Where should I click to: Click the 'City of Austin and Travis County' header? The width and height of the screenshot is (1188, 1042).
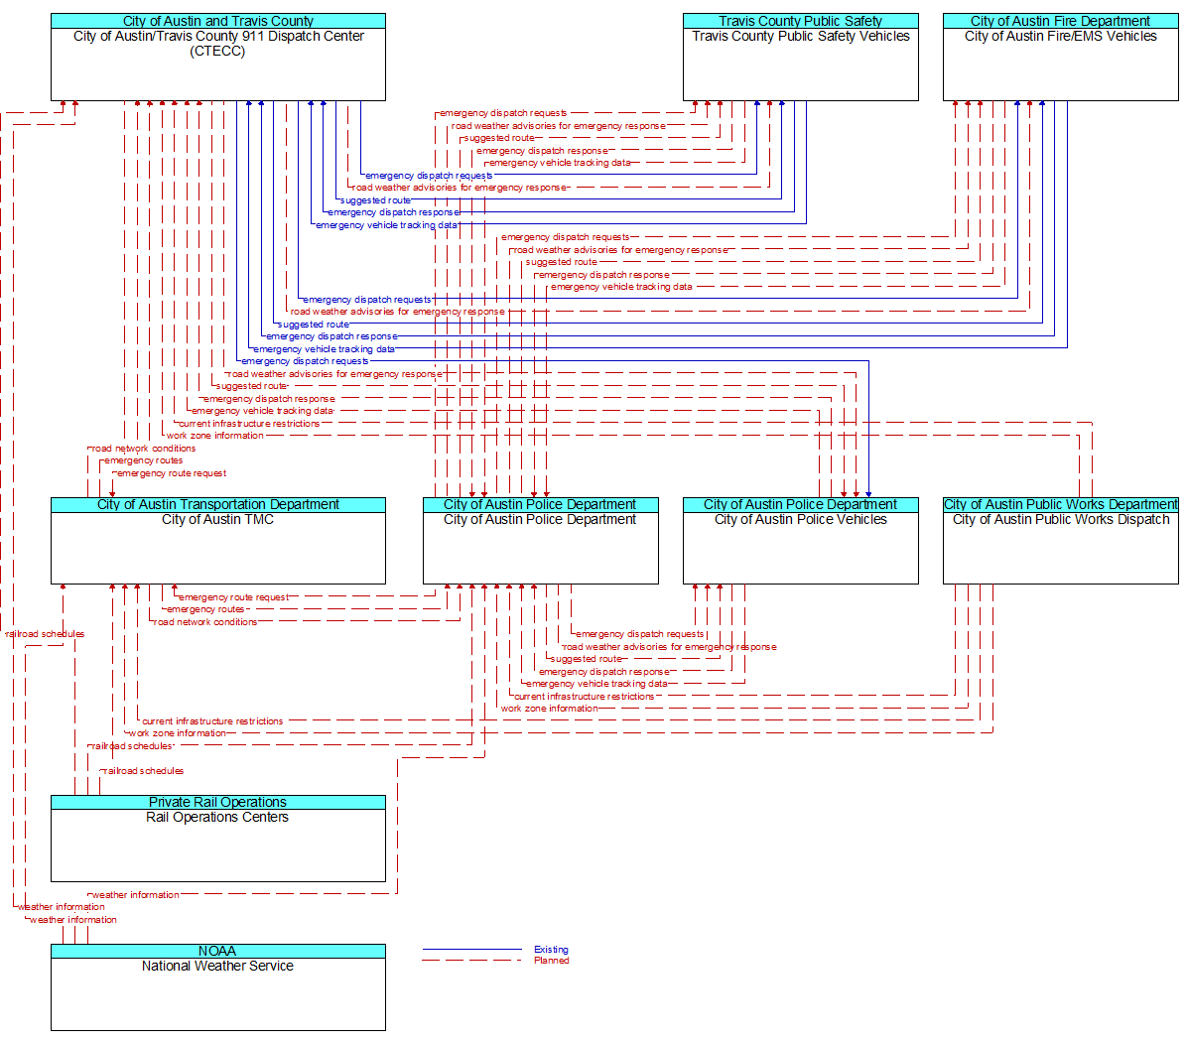pos(218,21)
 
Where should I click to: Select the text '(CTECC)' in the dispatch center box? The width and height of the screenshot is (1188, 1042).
pos(217,51)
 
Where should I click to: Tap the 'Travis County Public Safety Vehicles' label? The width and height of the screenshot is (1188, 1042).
pos(801,36)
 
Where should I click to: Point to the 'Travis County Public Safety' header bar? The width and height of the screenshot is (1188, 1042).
pos(801,21)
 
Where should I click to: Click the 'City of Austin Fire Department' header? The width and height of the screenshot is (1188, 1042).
pos(1061,21)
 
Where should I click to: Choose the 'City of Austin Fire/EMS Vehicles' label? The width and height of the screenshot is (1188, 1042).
pos(1061,36)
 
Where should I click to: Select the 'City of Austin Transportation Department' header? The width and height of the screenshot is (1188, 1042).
pos(218,505)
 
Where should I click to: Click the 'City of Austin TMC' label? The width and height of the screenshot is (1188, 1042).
pos(217,519)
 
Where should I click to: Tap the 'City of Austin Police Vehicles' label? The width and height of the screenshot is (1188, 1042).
pos(801,519)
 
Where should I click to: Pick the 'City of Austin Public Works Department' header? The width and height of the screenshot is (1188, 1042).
pos(1061,505)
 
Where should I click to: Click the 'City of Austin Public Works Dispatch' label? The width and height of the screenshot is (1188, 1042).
pos(1061,519)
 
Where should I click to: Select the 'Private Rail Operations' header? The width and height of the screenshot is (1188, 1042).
pos(218,803)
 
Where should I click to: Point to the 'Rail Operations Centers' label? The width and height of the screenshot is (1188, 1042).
pos(217,817)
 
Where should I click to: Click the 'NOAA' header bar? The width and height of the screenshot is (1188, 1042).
pos(218,951)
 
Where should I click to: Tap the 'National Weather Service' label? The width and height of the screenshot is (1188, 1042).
pos(217,966)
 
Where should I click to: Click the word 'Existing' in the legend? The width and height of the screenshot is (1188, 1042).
pos(551,950)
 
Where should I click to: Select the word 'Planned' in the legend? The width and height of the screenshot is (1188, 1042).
pos(552,961)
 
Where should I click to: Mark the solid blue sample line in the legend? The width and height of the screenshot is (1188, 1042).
pos(472,949)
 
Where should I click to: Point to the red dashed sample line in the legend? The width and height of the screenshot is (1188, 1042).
pos(472,961)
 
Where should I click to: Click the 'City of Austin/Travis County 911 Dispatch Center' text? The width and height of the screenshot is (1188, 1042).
pos(218,36)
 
